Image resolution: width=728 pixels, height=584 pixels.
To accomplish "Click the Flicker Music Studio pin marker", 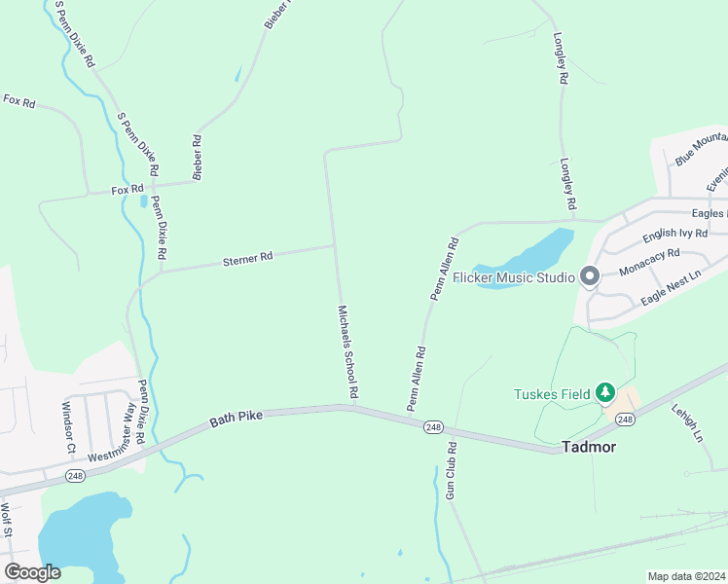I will pyautogui.click(x=589, y=277).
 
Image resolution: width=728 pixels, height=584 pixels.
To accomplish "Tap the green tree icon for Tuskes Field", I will pyautogui.click(x=605, y=393).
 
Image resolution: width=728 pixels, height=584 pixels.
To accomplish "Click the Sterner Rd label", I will pyautogui.click(x=248, y=258).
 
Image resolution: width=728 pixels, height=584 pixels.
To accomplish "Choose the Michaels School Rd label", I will pyautogui.click(x=348, y=351).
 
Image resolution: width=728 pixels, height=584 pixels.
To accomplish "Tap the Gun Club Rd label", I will pyautogui.click(x=452, y=471).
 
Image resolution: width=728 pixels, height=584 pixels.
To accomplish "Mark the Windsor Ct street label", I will pyautogui.click(x=68, y=427).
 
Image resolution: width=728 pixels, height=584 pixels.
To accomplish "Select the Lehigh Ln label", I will pyautogui.click(x=686, y=424).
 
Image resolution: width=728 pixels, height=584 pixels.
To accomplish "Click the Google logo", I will pyautogui.click(x=32, y=571).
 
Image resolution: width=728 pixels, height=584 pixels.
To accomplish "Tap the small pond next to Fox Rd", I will pyautogui.click(x=144, y=201).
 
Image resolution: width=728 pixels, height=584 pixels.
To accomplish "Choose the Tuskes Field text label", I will pyautogui.click(x=552, y=394).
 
